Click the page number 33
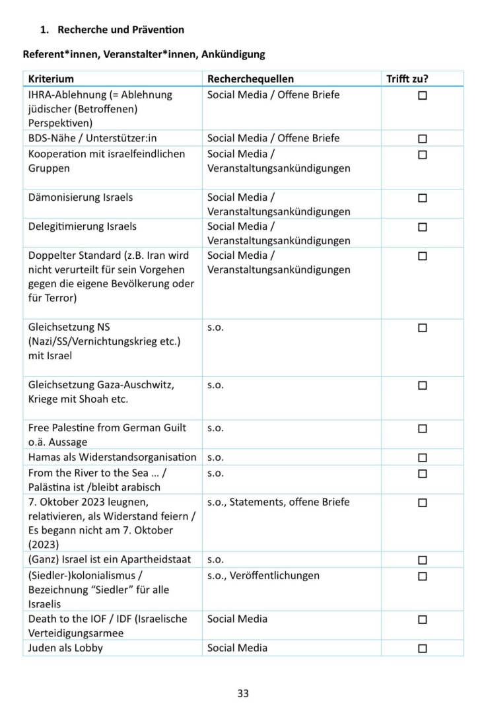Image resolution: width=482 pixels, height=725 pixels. coord(243,693)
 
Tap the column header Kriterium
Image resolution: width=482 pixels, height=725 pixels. coord(51,79)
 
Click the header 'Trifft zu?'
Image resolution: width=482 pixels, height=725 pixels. coord(407,79)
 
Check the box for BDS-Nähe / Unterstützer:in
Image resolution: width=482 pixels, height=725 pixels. coord(423,139)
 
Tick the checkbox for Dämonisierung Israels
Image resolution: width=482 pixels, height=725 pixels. coord(423,198)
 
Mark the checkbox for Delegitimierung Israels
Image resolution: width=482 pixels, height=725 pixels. coord(423,227)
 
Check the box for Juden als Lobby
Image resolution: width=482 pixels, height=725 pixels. coord(423,648)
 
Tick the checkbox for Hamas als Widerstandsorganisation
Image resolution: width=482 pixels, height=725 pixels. coord(423,458)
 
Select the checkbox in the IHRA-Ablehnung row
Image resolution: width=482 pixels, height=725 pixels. coord(423,96)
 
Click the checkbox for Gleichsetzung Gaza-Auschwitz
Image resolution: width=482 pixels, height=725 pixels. coord(423,385)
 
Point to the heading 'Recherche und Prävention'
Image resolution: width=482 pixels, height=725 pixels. coord(121,30)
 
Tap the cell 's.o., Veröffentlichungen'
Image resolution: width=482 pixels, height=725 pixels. coord(263,575)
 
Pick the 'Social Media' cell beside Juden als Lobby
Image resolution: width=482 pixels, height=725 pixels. coord(237,648)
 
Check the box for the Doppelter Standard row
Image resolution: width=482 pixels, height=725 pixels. coord(423,256)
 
